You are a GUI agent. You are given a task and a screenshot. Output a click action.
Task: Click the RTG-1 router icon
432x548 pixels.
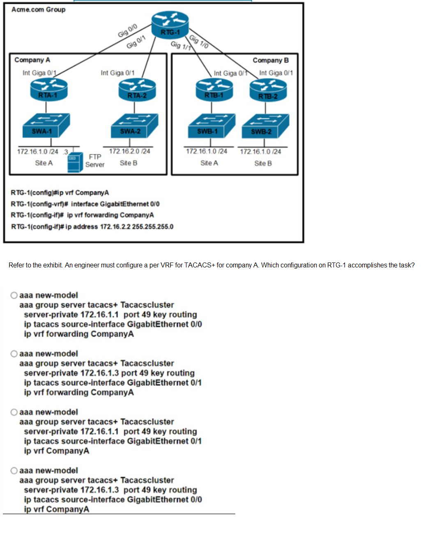pos(170,25)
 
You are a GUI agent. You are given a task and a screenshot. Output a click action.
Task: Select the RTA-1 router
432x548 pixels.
pos(49,90)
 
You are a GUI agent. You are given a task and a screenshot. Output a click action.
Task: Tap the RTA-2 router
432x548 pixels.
pos(137,90)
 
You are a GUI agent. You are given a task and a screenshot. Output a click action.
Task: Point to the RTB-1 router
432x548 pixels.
pos(214,90)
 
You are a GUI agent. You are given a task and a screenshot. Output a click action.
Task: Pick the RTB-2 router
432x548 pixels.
pos(268,90)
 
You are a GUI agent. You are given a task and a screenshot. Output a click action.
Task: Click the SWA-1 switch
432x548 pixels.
pos(46,125)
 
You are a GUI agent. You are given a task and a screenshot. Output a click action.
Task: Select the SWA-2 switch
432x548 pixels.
pos(135,126)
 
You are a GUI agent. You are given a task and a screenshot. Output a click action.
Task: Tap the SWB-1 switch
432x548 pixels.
pos(211,126)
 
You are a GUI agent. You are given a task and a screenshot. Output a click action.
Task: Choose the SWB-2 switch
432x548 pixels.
pos(265,126)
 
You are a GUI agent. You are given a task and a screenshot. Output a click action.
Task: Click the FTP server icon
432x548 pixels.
pos(75,163)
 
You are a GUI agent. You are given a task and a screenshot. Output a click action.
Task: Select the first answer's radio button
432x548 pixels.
pos(14,295)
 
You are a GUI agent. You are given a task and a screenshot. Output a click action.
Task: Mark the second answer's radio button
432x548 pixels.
pos(14,354)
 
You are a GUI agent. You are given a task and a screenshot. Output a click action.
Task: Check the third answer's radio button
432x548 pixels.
pos(14,412)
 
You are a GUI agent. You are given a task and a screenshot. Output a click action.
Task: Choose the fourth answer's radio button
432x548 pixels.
pos(14,471)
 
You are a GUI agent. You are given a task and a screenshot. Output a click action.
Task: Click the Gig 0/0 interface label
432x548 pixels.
pos(127,30)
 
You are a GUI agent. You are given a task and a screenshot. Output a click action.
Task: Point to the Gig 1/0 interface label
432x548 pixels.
pos(199,42)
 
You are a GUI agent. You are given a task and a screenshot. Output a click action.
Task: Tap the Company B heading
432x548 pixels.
pos(271,60)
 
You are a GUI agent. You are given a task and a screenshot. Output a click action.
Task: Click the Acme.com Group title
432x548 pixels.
pos(39,10)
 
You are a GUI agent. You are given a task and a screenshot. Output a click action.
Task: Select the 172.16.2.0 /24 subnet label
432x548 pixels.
pos(130,151)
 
